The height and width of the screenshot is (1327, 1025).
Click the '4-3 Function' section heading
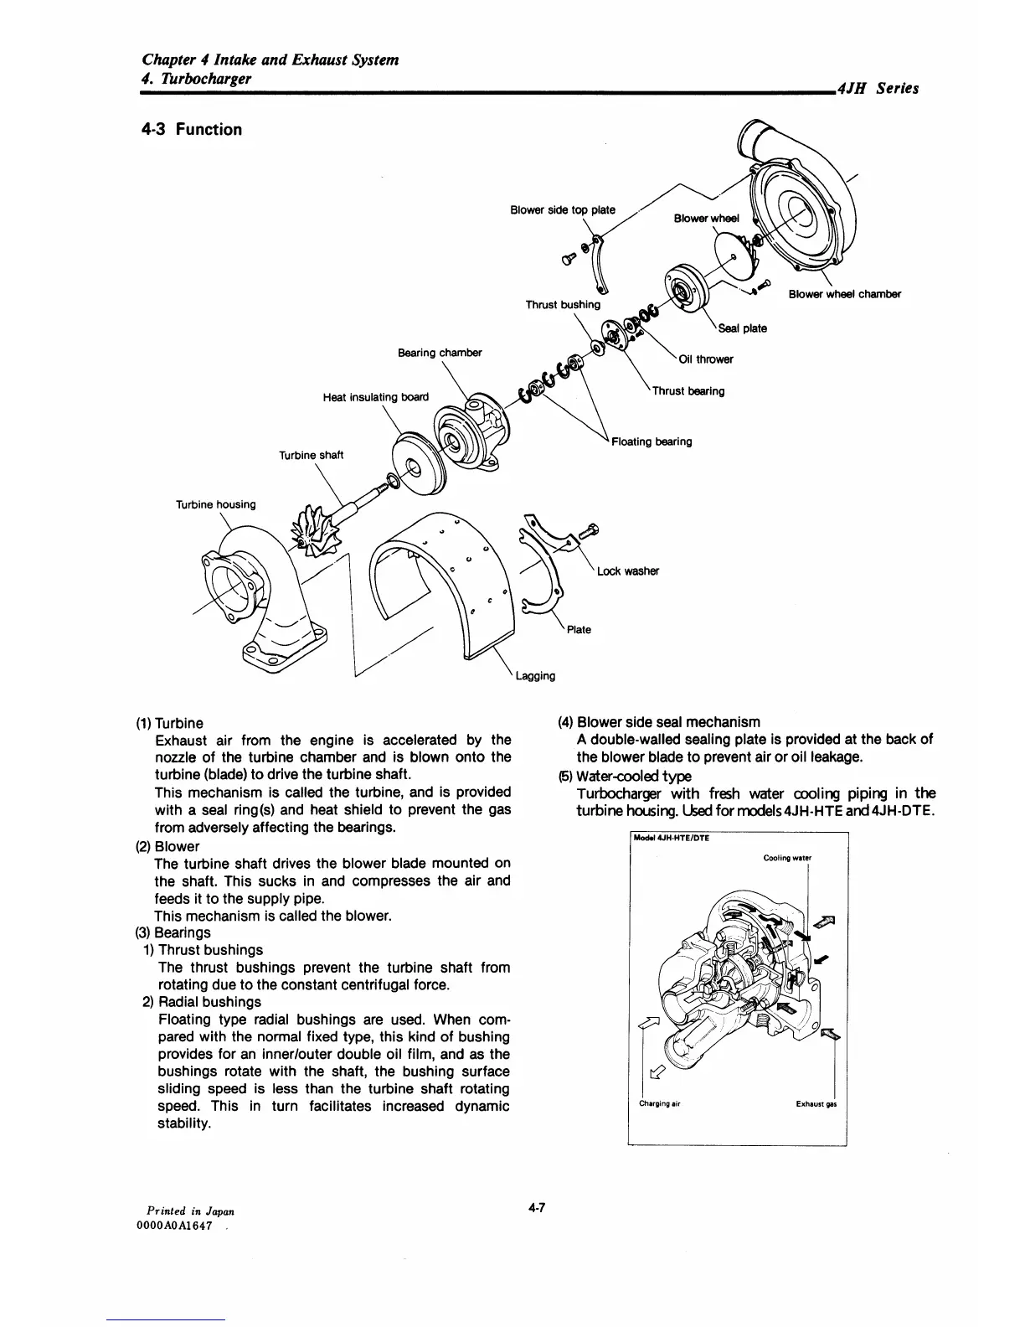click(192, 130)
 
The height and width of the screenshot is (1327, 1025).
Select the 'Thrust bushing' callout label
click(563, 305)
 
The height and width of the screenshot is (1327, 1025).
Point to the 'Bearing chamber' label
click(440, 353)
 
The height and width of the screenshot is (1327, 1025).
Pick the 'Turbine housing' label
click(215, 504)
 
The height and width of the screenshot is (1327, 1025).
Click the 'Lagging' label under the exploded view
click(535, 675)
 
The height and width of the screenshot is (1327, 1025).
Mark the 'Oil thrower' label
click(706, 359)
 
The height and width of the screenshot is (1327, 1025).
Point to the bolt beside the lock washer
click(585, 529)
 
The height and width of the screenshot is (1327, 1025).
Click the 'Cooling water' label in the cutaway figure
click(787, 858)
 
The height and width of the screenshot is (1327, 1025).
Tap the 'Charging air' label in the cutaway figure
click(659, 1103)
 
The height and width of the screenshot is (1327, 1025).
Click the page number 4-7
click(536, 1207)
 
